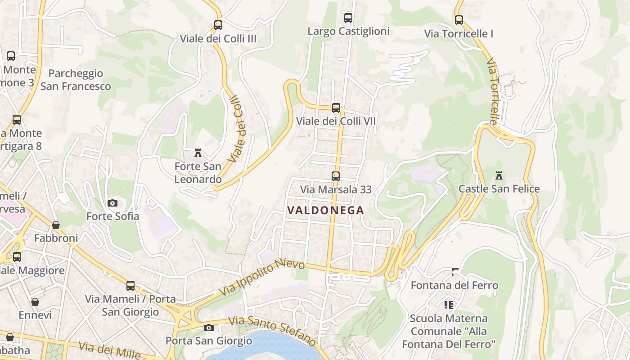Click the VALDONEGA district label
(325, 210)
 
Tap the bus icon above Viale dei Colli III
(218, 25)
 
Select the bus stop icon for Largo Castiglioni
(348, 18)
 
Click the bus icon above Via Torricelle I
(459, 20)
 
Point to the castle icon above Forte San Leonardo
(198, 153)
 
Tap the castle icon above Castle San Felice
(499, 175)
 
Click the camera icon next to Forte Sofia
(112, 203)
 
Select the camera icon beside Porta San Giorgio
(208, 328)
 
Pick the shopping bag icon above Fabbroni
(56, 225)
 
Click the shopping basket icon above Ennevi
(35, 301)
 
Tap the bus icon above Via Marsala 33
(336, 176)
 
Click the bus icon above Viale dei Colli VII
(336, 108)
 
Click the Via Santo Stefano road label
(272, 331)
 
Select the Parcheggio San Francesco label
(76, 80)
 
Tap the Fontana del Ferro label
(454, 285)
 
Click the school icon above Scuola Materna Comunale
(449, 305)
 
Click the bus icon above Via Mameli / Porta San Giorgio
(130, 285)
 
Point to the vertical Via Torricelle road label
(494, 91)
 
